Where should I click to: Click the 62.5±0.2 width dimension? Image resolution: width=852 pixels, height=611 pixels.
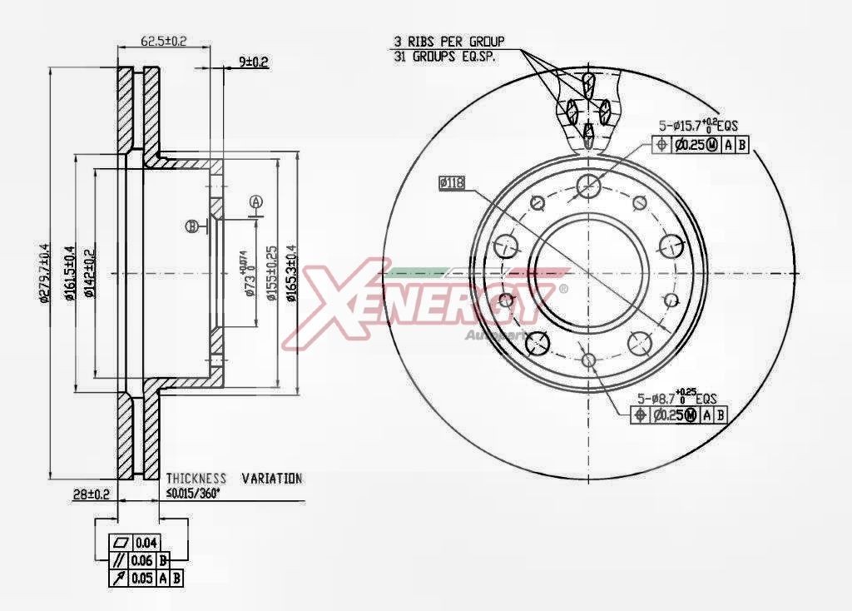point(163,39)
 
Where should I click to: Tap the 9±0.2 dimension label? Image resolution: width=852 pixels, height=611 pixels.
point(253,61)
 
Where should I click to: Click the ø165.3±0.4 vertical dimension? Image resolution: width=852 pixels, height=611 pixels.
point(290,274)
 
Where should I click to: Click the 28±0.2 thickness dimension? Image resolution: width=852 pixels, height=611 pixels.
point(92,494)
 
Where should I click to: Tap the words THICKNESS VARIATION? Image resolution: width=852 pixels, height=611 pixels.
point(234,479)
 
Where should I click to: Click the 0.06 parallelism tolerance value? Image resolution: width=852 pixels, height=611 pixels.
point(144,559)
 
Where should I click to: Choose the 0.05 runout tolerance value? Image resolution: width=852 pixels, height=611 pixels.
point(143,578)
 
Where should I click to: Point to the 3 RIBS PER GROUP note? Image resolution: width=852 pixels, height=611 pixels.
point(448,40)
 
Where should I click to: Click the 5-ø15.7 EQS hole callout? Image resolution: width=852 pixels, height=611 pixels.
point(699,126)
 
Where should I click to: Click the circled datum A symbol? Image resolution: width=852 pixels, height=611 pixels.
point(256,202)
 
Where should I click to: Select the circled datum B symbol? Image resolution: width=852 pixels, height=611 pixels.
point(191,226)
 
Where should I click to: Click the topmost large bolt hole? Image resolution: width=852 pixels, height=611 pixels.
point(588,185)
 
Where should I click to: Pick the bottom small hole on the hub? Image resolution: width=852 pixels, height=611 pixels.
point(589,360)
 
